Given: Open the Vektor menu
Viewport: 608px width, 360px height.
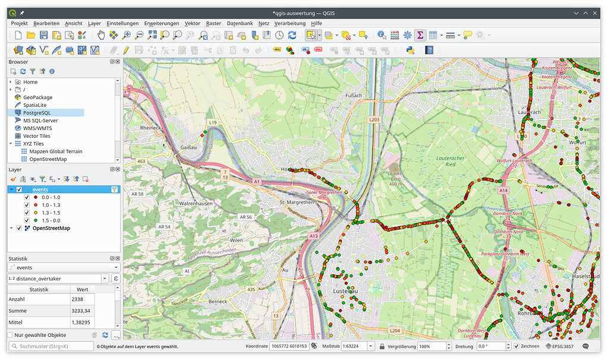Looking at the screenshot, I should pyautogui.click(x=192, y=23).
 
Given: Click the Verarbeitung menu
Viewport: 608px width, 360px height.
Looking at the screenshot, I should pyautogui.click(x=289, y=23).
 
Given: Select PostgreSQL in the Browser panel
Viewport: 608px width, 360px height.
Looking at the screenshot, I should pyautogui.click(x=37, y=112).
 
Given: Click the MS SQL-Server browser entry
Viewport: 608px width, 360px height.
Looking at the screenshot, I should pyautogui.click(x=40, y=120).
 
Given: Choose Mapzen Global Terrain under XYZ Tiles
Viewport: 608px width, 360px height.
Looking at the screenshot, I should pyautogui.click(x=56, y=151).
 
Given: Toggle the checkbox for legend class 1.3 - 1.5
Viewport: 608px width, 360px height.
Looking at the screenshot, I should pyautogui.click(x=26, y=213).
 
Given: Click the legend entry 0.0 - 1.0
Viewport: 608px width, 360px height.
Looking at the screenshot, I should pyautogui.click(x=51, y=197).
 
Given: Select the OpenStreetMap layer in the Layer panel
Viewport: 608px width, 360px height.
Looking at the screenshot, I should pyautogui.click(x=51, y=228).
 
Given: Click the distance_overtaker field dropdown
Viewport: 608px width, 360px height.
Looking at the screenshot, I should pyautogui.click(x=105, y=278).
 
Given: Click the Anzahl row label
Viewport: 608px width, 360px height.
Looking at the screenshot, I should pyautogui.click(x=17, y=299).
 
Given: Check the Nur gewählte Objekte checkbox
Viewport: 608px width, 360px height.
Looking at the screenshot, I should pyautogui.click(x=10, y=335).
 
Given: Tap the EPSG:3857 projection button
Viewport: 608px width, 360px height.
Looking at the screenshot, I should pyautogui.click(x=560, y=346).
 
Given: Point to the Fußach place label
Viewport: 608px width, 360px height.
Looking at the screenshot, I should pyautogui.click(x=353, y=95).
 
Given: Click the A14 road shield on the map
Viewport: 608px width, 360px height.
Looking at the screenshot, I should pyautogui.click(x=504, y=190).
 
